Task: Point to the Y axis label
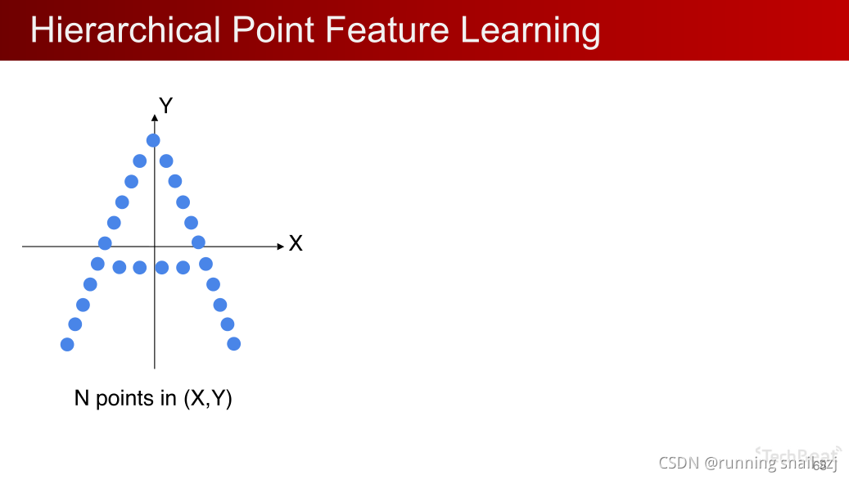[x=165, y=106]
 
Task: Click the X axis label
[x=296, y=244]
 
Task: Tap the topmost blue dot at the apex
[x=153, y=140]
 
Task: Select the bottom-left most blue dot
[x=67, y=345]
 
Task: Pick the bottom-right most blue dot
[x=234, y=344]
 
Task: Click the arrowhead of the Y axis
[x=154, y=119]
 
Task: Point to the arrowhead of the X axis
[x=279, y=246]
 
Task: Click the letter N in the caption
[x=82, y=399]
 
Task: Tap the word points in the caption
[x=124, y=400]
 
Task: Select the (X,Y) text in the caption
[x=207, y=399]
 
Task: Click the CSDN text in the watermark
[x=679, y=463]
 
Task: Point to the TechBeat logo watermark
[x=797, y=452]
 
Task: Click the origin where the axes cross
[x=154, y=246]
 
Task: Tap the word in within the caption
[x=169, y=399]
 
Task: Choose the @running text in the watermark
[x=740, y=464]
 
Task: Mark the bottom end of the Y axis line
[x=154, y=368]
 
